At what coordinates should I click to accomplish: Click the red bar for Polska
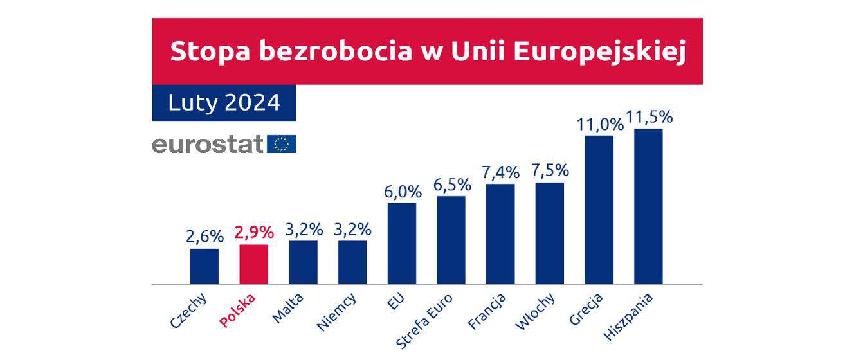(x=253, y=264)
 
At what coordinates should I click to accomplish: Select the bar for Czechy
(x=204, y=266)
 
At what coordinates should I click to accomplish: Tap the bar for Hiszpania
(x=648, y=206)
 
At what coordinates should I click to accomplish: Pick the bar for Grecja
(x=599, y=210)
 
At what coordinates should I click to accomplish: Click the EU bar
(x=402, y=243)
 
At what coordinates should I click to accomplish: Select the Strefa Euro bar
(x=451, y=240)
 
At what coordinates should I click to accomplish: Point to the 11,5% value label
(x=650, y=118)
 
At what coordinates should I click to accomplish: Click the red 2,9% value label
(x=254, y=231)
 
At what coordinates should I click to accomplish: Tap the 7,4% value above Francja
(x=500, y=172)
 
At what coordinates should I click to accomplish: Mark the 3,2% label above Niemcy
(x=352, y=229)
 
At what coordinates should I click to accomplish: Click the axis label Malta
(x=287, y=308)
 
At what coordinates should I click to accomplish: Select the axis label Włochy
(x=532, y=311)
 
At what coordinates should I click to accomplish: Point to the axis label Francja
(x=487, y=312)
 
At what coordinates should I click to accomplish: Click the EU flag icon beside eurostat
(x=281, y=144)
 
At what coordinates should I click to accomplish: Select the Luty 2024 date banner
(x=224, y=102)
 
